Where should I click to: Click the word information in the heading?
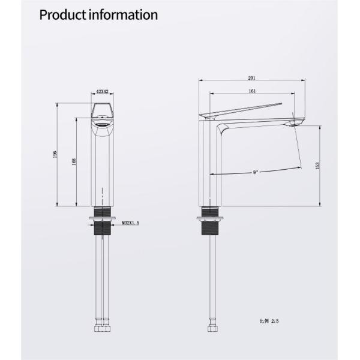coord(124,14)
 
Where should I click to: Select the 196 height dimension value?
coord(55,154)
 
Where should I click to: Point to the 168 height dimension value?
coord(74,162)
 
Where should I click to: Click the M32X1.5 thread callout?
coord(130,223)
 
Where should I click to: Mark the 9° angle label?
coord(256,173)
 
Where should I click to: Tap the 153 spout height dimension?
coord(317,164)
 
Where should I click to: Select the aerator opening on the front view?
coord(102,125)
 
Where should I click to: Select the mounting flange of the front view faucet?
coord(103,214)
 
